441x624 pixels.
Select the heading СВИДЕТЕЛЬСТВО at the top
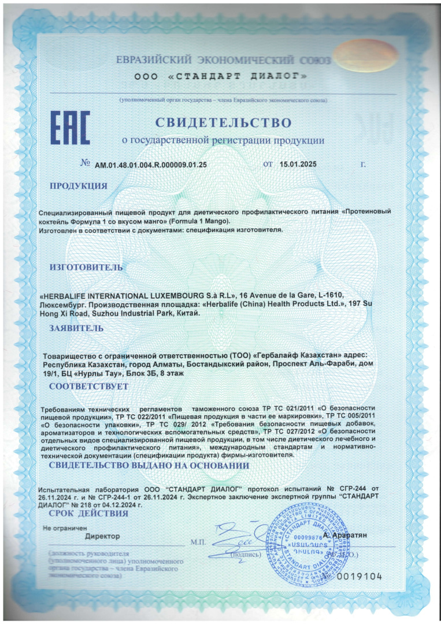(x=223, y=122)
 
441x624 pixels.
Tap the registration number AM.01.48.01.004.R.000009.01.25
(x=151, y=165)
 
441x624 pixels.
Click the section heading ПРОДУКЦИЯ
(x=78, y=185)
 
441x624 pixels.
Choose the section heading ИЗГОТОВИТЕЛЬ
(x=86, y=267)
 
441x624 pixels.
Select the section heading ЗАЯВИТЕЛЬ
(x=76, y=328)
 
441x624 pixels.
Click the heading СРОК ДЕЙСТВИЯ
(x=88, y=512)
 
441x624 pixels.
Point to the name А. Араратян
(x=345, y=536)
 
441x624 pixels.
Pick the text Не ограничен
(x=64, y=528)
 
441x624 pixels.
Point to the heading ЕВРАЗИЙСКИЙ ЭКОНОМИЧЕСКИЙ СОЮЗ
(x=223, y=61)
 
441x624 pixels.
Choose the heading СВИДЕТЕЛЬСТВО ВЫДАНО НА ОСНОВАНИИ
(x=149, y=466)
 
